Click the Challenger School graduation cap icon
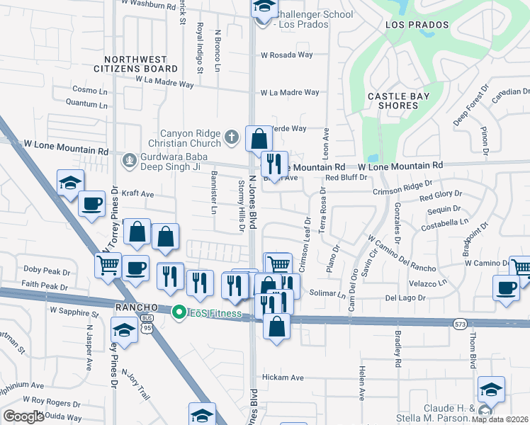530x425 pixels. coord(264,7)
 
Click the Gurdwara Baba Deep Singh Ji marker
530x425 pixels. coord(128,159)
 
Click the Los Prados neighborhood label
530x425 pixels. coord(417,25)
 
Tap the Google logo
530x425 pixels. coord(23,416)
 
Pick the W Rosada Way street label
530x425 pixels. coord(286,55)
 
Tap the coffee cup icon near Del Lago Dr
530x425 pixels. coord(507,288)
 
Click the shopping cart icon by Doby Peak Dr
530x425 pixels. coord(108,266)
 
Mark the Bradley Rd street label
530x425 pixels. coord(399,354)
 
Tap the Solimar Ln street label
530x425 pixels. coord(326,293)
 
